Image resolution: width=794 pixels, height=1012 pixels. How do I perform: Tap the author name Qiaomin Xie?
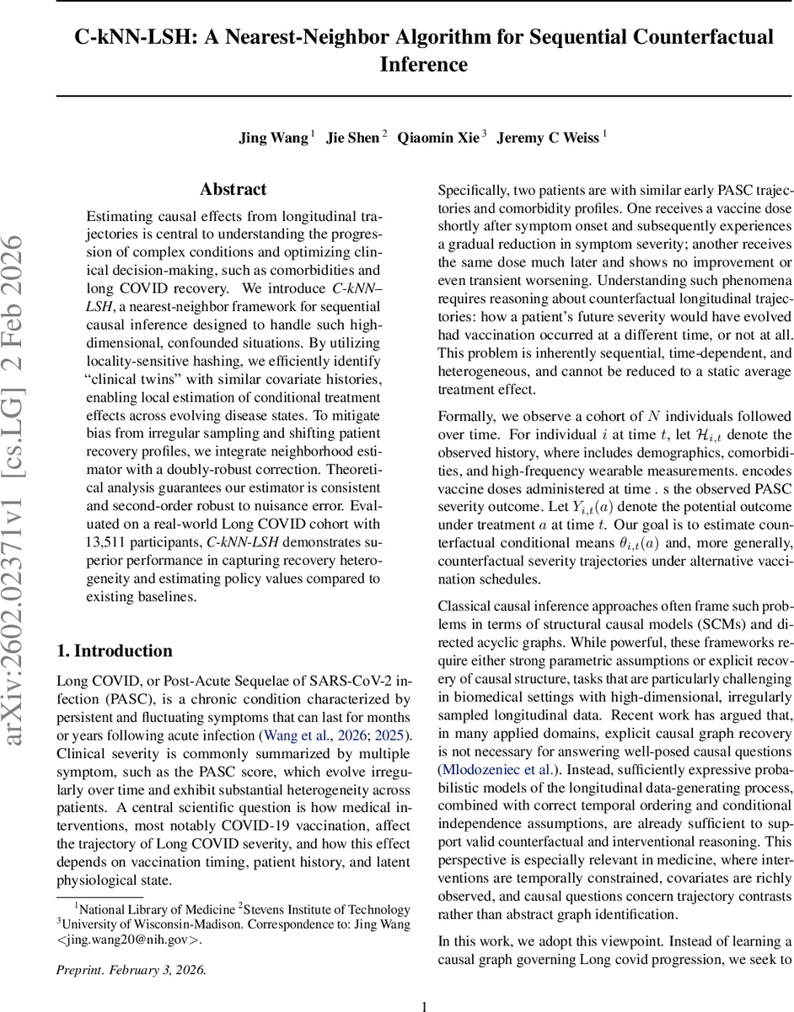point(438,137)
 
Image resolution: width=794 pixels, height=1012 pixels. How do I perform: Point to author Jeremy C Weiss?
point(548,137)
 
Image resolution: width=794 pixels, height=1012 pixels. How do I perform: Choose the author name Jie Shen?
point(353,137)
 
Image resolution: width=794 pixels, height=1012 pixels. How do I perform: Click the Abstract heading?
point(233,189)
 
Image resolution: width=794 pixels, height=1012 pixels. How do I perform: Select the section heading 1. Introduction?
point(114,650)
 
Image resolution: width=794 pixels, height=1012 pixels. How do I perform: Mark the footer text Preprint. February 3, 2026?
point(131,969)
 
